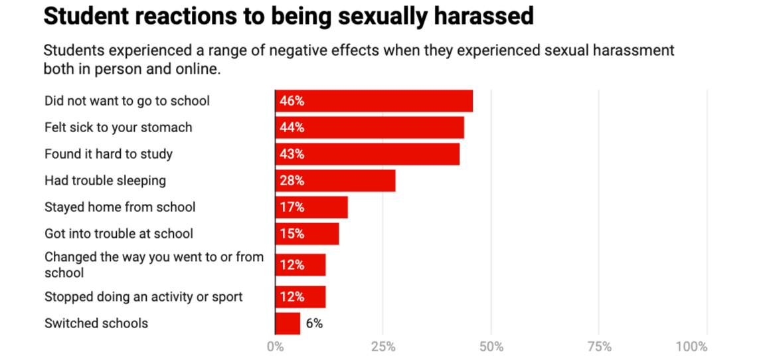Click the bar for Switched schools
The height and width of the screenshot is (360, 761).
288,323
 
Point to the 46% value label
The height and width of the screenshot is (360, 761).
292,101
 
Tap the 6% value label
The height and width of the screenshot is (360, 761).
314,324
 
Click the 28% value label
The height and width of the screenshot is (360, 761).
292,181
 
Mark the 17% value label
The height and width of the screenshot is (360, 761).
292,207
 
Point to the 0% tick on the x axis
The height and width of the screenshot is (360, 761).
275,347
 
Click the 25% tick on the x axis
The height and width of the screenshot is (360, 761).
383,347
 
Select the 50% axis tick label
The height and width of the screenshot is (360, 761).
491,347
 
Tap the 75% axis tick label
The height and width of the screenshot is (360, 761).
599,347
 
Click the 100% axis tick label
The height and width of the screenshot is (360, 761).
691,347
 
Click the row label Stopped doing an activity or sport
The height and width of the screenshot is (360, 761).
143,297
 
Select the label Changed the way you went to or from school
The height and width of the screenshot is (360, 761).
154,264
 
